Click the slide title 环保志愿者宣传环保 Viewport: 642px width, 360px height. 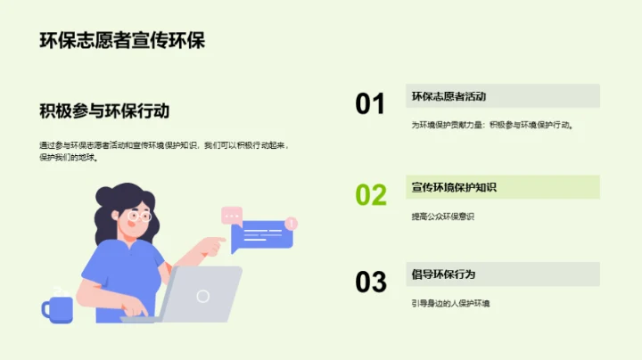tap(123, 40)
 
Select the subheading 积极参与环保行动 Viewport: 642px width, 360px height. tap(104, 111)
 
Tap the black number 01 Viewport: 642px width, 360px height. tap(370, 104)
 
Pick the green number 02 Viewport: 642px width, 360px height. tap(371, 194)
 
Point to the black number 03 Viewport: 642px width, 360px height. tap(371, 282)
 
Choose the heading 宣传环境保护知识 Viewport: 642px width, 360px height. tap(454, 187)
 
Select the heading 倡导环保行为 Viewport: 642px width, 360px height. tap(443, 274)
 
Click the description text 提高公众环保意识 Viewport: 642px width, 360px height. tap(443, 217)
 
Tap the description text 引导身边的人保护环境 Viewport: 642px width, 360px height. tap(450, 304)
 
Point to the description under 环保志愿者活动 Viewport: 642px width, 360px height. tap(491, 126)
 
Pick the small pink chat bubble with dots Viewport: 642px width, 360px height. tap(232, 215)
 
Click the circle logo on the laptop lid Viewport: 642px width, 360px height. tap(203, 296)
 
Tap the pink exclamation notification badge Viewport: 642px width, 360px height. tap(292, 223)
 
